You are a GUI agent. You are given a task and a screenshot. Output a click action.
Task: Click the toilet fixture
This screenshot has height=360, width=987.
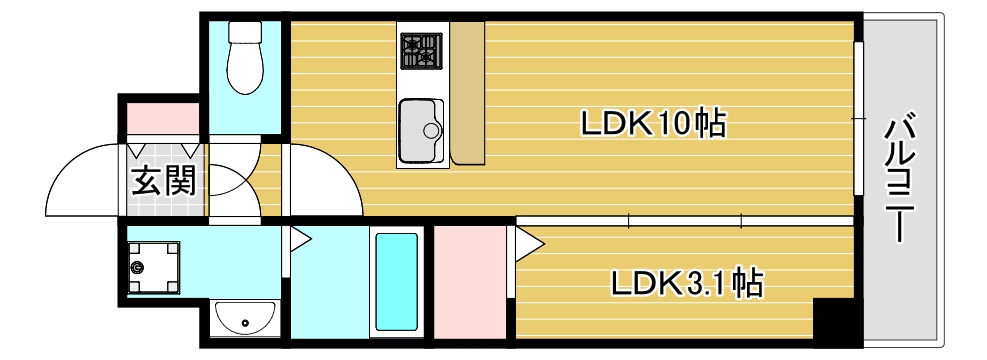[x=245, y=58]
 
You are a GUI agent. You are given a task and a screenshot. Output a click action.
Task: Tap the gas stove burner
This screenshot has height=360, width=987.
[x=421, y=50]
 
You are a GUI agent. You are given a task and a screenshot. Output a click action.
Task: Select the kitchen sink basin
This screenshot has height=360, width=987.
[x=421, y=129]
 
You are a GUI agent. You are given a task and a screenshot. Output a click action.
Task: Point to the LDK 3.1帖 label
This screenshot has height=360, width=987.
[x=688, y=284]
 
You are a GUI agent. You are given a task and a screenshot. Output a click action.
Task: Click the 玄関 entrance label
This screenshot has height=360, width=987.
[x=165, y=182]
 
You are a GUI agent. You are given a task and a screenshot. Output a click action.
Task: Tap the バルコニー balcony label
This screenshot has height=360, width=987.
[x=902, y=180]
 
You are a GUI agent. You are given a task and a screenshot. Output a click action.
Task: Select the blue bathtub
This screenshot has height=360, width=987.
[x=395, y=283]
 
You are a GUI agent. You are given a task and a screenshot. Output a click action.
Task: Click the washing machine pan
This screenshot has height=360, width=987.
[x=152, y=267]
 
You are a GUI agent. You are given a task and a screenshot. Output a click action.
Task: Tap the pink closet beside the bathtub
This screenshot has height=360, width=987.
[x=470, y=282]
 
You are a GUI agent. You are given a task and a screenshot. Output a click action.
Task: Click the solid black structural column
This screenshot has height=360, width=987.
[x=836, y=322]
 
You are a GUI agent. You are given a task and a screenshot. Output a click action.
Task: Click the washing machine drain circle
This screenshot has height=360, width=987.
[x=137, y=267]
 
